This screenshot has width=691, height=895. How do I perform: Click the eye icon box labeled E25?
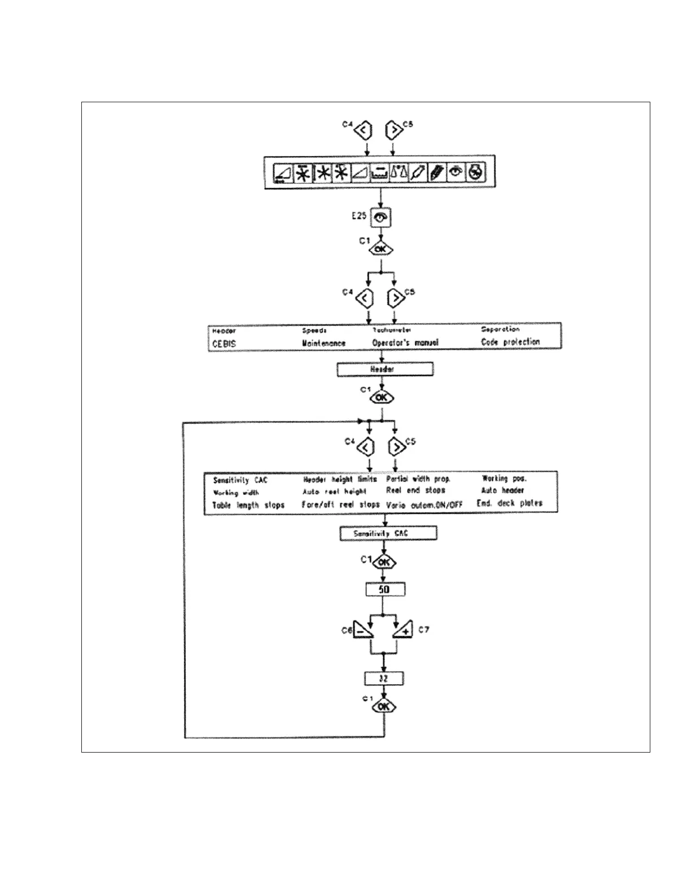(x=382, y=218)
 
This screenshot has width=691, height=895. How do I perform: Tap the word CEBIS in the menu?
(x=224, y=344)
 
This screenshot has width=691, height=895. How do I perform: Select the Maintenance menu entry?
(x=323, y=343)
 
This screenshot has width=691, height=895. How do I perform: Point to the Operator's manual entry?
(x=405, y=342)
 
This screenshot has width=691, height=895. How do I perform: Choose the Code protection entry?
(x=510, y=342)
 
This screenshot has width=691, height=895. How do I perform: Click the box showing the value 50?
(x=384, y=590)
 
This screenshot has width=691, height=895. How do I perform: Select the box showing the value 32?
(x=384, y=679)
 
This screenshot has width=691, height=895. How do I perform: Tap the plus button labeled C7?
(x=403, y=629)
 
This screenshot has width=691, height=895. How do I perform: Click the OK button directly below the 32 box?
(x=384, y=706)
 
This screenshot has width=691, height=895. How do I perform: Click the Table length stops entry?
(x=248, y=505)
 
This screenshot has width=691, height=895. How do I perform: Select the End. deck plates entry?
(x=509, y=503)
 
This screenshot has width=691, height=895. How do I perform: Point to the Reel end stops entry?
(x=416, y=490)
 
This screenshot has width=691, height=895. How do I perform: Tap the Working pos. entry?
(x=504, y=479)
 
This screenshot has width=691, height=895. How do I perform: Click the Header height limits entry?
(x=340, y=479)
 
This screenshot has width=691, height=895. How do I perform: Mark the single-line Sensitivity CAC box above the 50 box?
(x=388, y=533)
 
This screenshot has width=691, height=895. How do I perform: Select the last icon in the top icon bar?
(x=476, y=172)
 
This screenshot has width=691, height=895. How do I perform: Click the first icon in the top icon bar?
(x=283, y=173)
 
